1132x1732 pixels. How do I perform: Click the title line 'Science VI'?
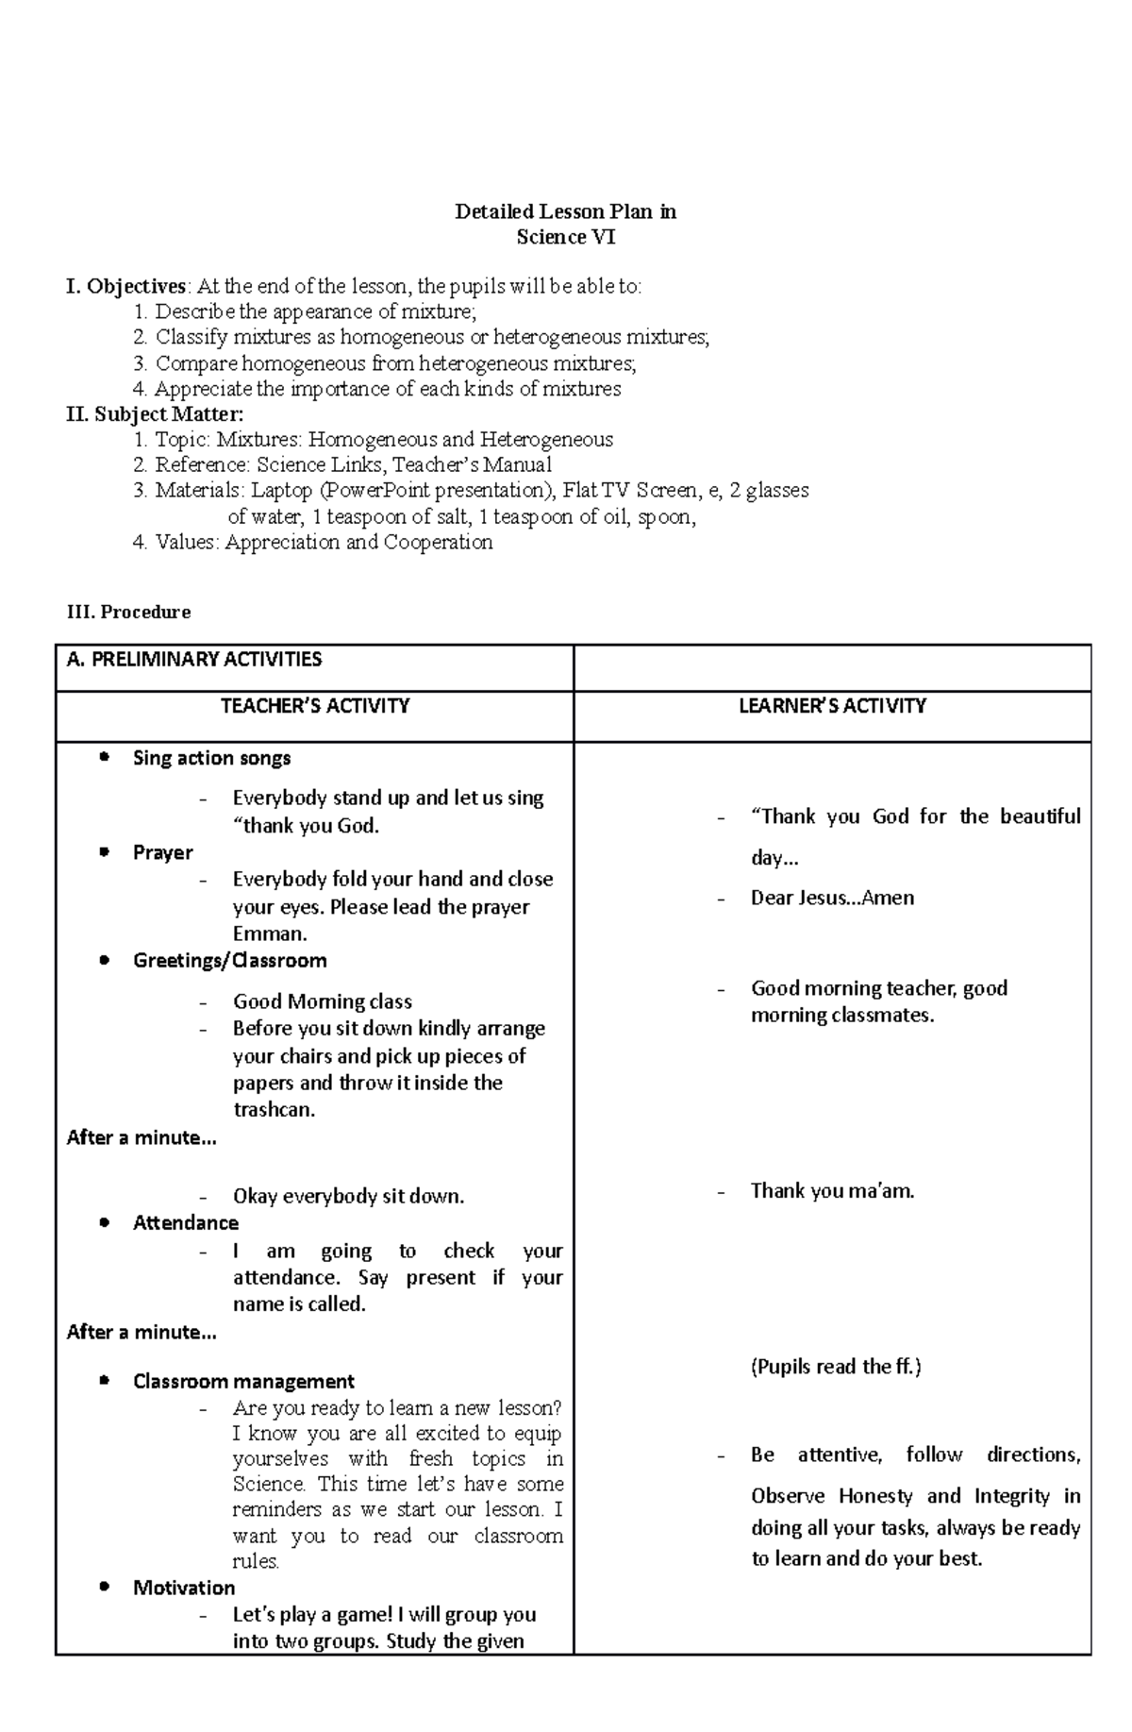[565, 237]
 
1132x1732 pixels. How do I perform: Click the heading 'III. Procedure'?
[129, 612]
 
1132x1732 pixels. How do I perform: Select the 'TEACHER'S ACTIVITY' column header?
[314, 706]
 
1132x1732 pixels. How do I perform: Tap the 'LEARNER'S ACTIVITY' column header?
[832, 706]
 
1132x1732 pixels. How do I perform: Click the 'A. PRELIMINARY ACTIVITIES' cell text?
[194, 659]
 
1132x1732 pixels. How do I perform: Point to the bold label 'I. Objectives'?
[126, 286]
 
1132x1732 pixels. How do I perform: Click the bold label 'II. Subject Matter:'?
[155, 413]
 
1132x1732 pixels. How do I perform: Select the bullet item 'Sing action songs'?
[211, 758]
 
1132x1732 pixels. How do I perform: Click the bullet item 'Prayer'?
[162, 852]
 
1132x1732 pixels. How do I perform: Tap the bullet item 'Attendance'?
[185, 1222]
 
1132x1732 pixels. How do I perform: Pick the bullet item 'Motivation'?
[184, 1588]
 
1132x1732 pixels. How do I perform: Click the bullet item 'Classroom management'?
[243, 1381]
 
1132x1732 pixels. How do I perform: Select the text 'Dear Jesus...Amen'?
[832, 898]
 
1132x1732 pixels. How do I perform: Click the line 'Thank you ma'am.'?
[832, 1191]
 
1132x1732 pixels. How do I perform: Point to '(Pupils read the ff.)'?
[836, 1366]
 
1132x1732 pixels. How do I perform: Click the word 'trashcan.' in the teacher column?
[274, 1109]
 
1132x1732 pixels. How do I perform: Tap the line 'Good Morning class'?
[322, 1001]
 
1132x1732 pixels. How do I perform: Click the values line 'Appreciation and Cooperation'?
[358, 542]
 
